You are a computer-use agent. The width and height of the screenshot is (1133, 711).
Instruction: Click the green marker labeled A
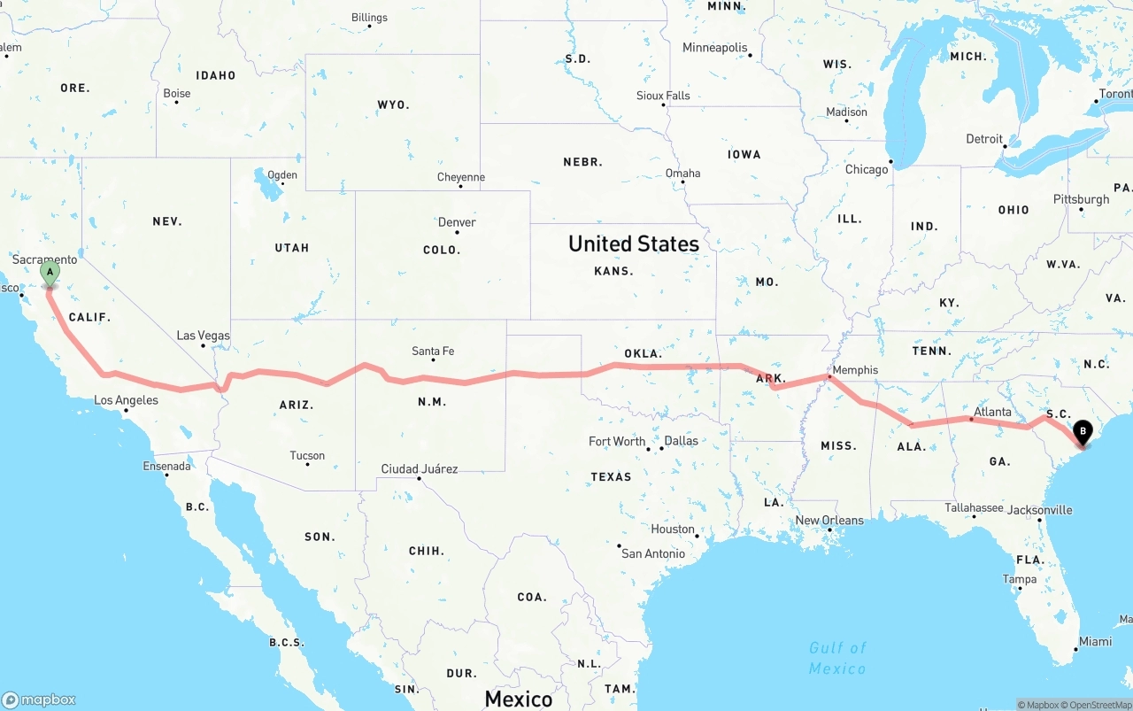(x=50, y=273)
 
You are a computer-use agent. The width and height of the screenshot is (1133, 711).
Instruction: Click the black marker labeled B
(x=1082, y=433)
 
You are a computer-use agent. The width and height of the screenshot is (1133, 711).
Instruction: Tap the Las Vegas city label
(x=203, y=336)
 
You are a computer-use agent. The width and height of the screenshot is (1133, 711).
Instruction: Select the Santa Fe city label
(x=433, y=352)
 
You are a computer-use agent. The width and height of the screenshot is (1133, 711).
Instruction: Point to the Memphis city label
(x=855, y=370)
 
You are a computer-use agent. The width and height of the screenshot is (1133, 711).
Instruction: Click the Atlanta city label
(x=992, y=412)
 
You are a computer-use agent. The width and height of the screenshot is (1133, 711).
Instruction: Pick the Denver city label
(x=457, y=222)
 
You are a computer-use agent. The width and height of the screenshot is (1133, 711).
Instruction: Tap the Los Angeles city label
(x=127, y=400)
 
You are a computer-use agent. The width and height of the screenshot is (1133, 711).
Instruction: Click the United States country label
(x=634, y=243)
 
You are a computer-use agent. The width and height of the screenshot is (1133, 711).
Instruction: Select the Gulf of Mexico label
(x=837, y=658)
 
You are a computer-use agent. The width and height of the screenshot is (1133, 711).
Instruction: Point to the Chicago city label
(x=866, y=169)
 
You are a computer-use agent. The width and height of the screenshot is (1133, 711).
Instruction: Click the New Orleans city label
(x=829, y=520)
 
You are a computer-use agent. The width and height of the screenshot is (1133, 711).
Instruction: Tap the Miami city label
(x=1095, y=641)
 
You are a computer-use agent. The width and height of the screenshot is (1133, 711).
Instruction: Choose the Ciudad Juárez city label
(x=420, y=468)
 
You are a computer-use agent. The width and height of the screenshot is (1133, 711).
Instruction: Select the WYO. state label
(x=393, y=104)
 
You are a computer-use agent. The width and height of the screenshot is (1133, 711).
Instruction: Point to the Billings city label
(x=369, y=18)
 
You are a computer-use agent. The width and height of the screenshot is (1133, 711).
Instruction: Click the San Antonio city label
(x=653, y=553)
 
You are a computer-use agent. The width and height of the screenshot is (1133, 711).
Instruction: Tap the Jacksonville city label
(x=1039, y=510)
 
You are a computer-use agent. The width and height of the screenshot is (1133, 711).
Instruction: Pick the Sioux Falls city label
(x=663, y=96)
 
